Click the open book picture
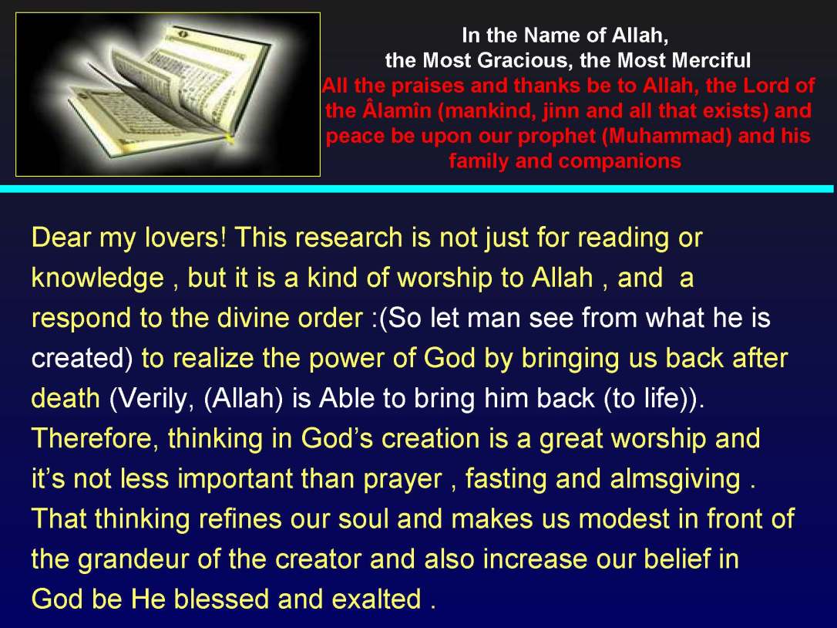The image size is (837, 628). tap(167, 94)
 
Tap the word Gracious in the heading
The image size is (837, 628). tap(528, 59)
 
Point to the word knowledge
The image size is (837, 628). tap(97, 279)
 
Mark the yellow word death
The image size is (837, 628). tap(66, 399)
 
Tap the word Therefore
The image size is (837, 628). tap(95, 439)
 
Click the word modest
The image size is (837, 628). tap(623, 519)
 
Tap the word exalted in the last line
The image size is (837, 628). tap(378, 599)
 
